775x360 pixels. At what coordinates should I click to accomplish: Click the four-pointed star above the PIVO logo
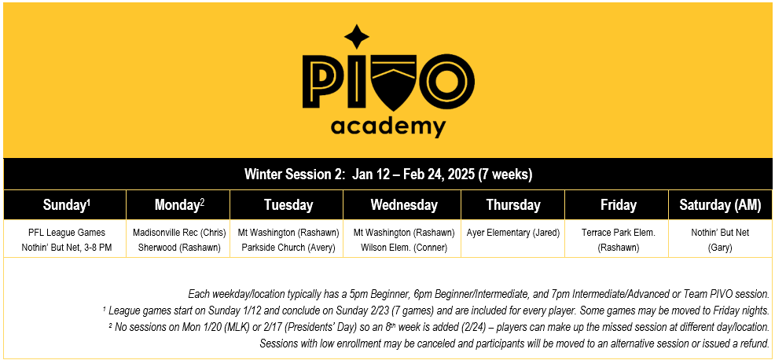tap(358, 36)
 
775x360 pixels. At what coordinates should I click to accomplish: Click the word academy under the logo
tap(387, 126)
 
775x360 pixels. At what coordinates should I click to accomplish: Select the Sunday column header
tap(67, 205)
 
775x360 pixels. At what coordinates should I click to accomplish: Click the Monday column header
tap(179, 205)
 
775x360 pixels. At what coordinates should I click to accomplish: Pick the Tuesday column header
tap(288, 205)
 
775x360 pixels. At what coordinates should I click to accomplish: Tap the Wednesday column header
tap(404, 205)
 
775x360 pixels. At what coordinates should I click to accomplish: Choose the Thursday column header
tap(513, 205)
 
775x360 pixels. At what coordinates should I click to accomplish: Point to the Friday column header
tap(618, 205)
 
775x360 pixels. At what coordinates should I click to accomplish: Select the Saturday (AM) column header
tap(721, 205)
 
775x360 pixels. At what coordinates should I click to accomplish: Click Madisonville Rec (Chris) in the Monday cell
tap(179, 233)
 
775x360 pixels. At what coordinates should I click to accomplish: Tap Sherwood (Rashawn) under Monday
tap(179, 247)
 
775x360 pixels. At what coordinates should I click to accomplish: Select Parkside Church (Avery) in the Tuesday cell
tap(288, 247)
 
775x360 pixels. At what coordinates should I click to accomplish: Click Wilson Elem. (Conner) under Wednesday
tap(404, 247)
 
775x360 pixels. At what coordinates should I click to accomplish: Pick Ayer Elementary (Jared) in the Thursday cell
tap(513, 233)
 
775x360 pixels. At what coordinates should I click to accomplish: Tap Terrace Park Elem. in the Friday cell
tap(618, 233)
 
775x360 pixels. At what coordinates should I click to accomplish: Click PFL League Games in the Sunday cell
tap(65, 233)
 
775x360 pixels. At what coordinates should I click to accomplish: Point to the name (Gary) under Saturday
tap(720, 247)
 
